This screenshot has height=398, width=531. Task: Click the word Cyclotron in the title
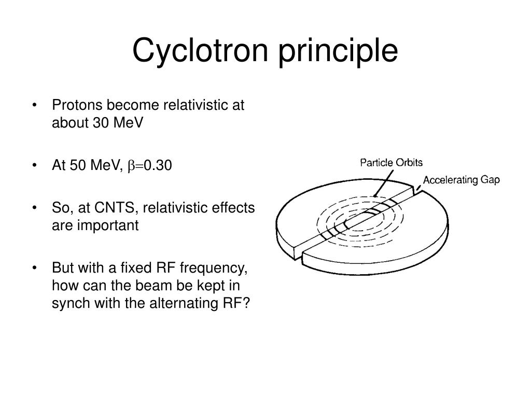[x=200, y=51]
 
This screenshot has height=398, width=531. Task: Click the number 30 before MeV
[x=100, y=123]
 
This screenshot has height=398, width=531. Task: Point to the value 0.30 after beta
[x=158, y=165]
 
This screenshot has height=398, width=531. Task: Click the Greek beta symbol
[x=130, y=166]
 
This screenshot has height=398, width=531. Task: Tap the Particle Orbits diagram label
[x=392, y=162]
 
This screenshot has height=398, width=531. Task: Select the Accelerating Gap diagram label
[x=461, y=180]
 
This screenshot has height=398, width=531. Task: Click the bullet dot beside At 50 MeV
[x=34, y=166]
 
